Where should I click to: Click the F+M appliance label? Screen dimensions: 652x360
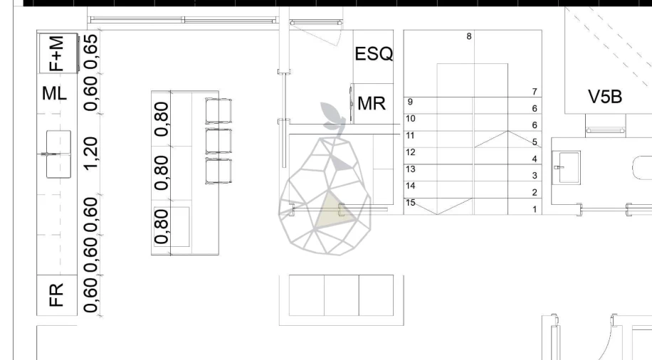(56, 53)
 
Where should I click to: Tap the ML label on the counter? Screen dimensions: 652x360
(55, 93)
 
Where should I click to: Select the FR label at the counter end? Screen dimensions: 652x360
(56, 295)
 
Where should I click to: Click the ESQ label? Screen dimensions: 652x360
(374, 54)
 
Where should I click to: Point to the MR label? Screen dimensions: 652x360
(372, 103)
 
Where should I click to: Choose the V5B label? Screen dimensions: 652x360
(605, 97)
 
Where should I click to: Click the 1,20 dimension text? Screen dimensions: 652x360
(90, 154)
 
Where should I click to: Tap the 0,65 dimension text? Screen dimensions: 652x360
(90, 51)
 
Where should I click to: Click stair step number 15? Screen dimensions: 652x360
(411, 203)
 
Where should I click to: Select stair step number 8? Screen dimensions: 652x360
(469, 36)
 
